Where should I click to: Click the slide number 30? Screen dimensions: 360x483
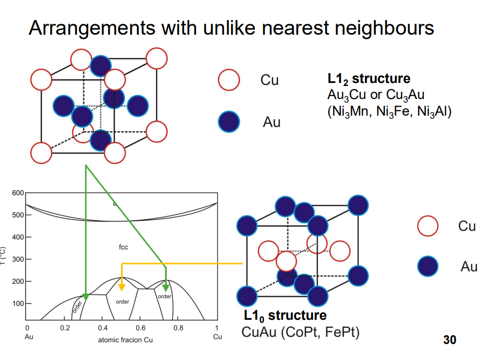[449, 340]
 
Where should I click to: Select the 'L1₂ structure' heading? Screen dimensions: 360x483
[368, 79]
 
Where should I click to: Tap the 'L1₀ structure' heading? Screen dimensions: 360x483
[285, 316]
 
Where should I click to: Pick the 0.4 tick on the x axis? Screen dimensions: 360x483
[103, 328]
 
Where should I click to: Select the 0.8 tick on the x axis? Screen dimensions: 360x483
[178, 328]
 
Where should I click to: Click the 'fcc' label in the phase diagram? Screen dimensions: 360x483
[123, 247]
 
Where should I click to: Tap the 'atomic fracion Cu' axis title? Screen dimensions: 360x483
[125, 340]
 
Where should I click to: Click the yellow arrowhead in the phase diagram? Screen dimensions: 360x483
[122, 287]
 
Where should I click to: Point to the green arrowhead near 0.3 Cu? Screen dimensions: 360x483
[85, 297]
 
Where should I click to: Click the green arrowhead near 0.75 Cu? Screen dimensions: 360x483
[165, 287]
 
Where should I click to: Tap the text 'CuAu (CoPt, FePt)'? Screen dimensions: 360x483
[301, 332]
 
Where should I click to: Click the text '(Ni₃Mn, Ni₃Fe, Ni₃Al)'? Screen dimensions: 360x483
[389, 111]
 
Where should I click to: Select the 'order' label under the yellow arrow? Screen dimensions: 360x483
[123, 302]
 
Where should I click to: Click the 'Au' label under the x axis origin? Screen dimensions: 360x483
[29, 336]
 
